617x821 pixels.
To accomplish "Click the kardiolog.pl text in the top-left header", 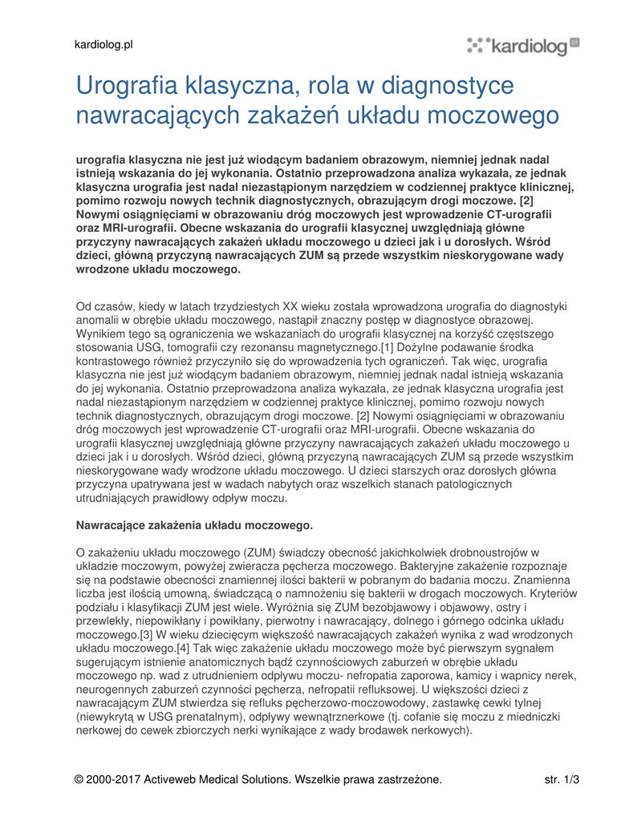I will click(x=104, y=44).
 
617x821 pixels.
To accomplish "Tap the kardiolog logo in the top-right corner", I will click(x=523, y=46).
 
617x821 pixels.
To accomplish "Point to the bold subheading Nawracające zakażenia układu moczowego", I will click(x=194, y=525).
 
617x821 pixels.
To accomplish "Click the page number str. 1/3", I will click(x=562, y=779).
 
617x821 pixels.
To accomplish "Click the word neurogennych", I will click(x=112, y=689).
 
